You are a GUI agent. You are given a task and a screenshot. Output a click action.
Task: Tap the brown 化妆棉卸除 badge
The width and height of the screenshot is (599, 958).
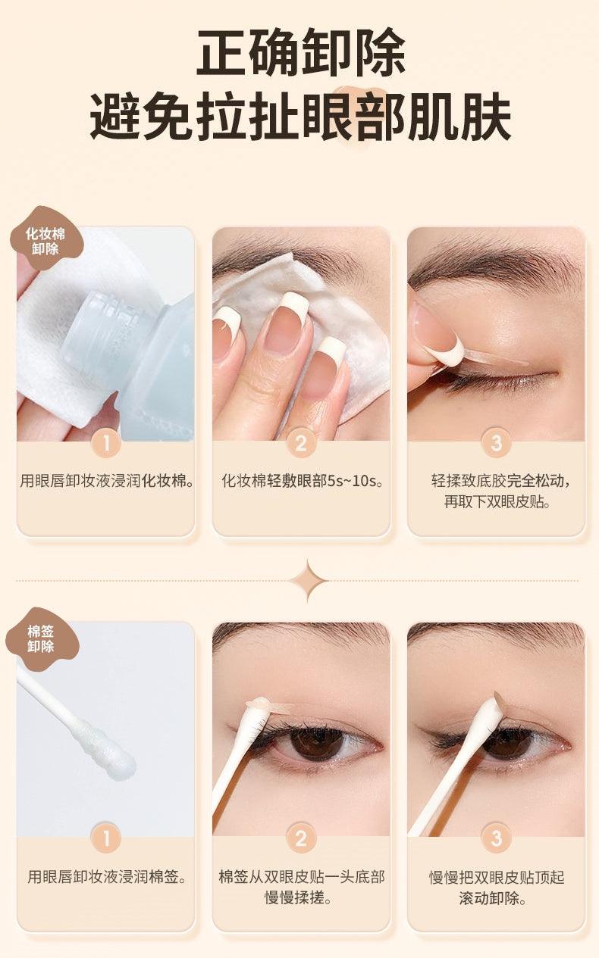pos(45,240)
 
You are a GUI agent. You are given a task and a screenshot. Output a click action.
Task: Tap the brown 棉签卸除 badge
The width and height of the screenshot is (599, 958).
pos(41,638)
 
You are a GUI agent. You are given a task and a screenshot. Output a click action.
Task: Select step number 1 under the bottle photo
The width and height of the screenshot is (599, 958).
pos(106,443)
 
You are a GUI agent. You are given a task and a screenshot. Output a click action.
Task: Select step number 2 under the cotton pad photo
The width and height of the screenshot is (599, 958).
pos(301,443)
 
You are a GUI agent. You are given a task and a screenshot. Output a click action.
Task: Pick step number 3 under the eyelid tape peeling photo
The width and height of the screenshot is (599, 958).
pos(496,443)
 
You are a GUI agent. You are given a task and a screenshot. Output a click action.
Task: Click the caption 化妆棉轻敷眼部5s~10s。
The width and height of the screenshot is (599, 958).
pos(301,481)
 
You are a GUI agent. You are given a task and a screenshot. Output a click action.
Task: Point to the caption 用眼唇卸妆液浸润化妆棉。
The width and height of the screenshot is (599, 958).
pos(106,481)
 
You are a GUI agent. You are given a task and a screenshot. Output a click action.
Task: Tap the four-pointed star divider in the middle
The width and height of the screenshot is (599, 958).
pos(307,581)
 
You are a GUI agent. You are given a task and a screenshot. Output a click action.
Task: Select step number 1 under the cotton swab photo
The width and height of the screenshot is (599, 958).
pos(106,838)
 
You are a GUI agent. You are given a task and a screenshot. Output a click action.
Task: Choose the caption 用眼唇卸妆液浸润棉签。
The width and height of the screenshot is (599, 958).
pos(106,877)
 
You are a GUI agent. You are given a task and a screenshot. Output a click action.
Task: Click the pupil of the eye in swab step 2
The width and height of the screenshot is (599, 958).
pos(311,742)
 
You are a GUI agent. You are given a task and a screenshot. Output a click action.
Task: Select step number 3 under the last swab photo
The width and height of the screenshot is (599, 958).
pos(496,838)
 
